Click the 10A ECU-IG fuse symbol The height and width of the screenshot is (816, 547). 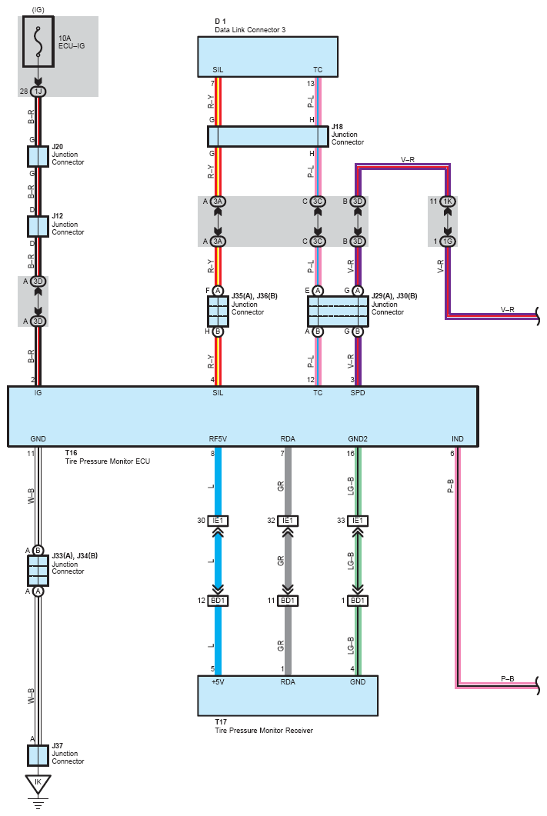pyautogui.click(x=38, y=42)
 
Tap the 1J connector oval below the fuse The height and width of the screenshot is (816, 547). pyautogui.click(x=38, y=92)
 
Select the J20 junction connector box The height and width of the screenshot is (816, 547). pyautogui.click(x=38, y=156)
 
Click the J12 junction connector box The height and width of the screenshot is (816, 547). pyautogui.click(x=38, y=226)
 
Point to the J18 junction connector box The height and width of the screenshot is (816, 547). pyautogui.click(x=268, y=136)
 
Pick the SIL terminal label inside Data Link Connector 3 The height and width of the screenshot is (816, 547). pyautogui.click(x=218, y=70)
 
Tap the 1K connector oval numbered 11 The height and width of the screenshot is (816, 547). pyautogui.click(x=448, y=202)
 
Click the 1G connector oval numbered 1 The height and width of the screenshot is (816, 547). pyautogui.click(x=448, y=241)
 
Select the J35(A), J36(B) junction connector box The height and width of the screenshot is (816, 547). pyautogui.click(x=218, y=311)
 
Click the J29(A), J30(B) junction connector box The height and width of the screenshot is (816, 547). pyautogui.click(x=338, y=311)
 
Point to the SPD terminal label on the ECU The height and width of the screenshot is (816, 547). pyautogui.click(x=358, y=393)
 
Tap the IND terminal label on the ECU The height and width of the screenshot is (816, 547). pyautogui.click(x=458, y=438)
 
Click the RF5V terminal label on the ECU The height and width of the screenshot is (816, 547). pyautogui.click(x=218, y=438)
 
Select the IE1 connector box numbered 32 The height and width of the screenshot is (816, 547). pyautogui.click(x=288, y=521)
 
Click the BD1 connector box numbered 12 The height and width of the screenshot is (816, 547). pyautogui.click(x=218, y=601)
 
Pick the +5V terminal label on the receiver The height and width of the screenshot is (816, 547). pyautogui.click(x=218, y=681)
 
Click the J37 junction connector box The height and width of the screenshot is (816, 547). pyautogui.click(x=38, y=755)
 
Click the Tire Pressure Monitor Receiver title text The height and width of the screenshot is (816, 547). pyautogui.click(x=264, y=730)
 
